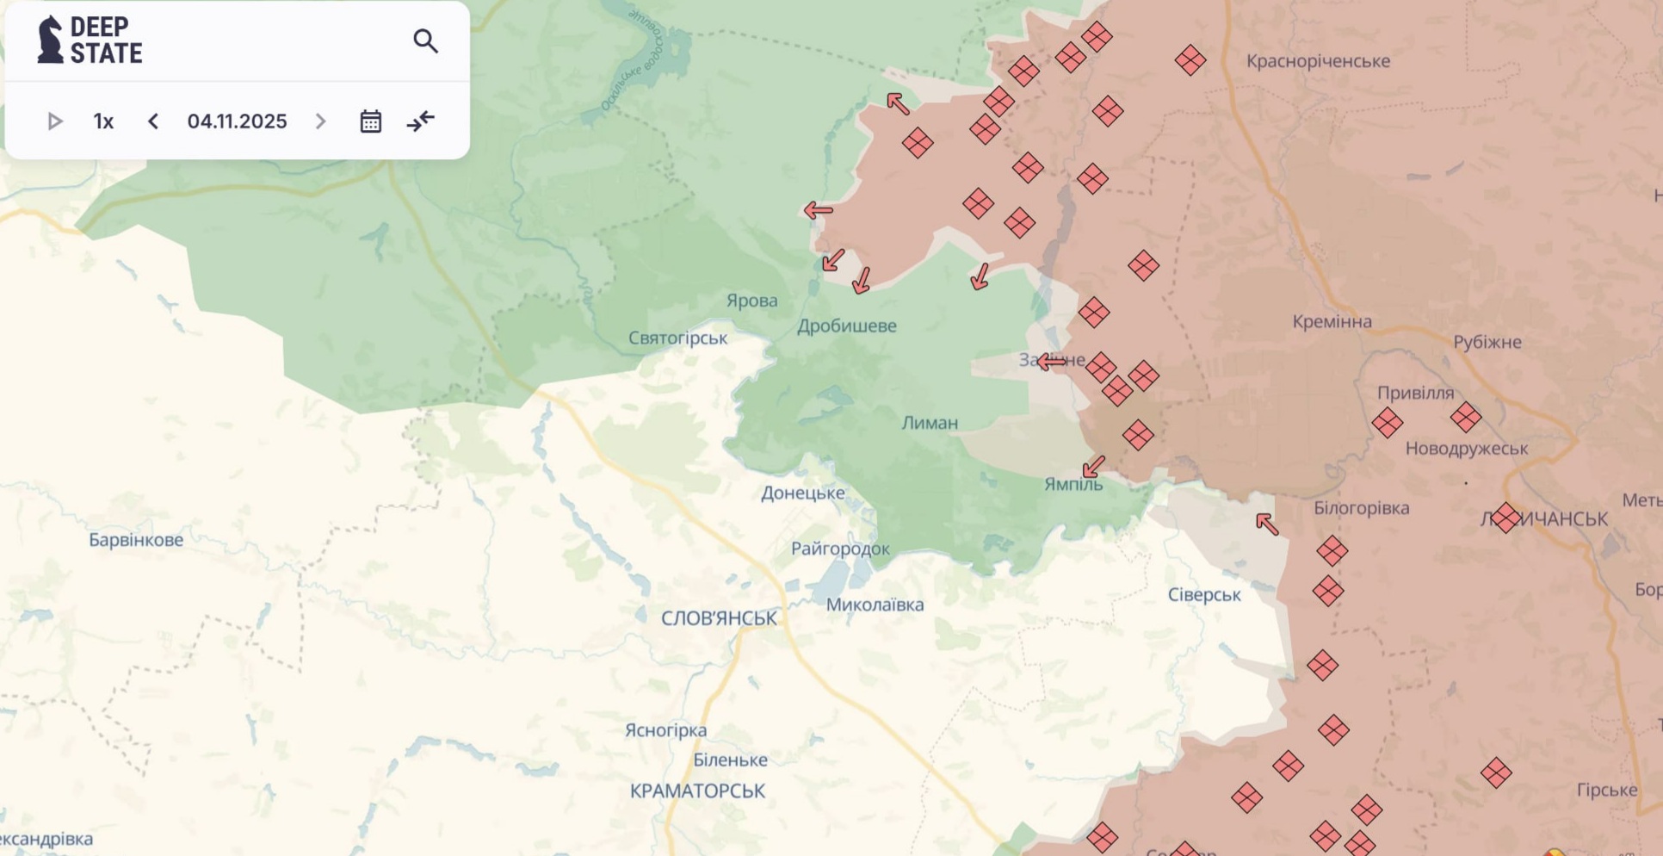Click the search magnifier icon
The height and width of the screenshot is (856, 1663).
(x=425, y=40)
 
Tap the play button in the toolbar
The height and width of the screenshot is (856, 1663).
(x=54, y=121)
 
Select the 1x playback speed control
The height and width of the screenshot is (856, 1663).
(x=103, y=121)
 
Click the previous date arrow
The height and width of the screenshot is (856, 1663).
(x=153, y=121)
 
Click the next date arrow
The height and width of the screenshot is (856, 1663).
(x=320, y=121)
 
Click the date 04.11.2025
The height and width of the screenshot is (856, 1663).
(x=237, y=121)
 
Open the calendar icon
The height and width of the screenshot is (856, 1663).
(x=370, y=121)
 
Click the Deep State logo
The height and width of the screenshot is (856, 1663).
(x=90, y=40)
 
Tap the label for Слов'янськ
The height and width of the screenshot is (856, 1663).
(x=719, y=617)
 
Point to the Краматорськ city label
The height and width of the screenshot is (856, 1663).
(x=697, y=791)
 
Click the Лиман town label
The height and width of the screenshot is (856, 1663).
(x=930, y=423)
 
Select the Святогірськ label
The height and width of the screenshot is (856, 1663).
(x=677, y=338)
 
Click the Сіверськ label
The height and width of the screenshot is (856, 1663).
(x=1203, y=594)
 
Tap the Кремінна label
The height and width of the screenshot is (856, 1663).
(x=1332, y=321)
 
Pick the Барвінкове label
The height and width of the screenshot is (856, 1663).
(x=136, y=540)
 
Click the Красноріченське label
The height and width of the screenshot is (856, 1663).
(x=1318, y=61)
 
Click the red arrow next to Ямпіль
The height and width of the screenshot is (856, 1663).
(x=1093, y=467)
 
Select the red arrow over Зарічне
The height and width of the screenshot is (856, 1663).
(x=1051, y=363)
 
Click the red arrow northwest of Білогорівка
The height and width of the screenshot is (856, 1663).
(x=1266, y=524)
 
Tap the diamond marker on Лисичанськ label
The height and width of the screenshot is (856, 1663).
(x=1505, y=518)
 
